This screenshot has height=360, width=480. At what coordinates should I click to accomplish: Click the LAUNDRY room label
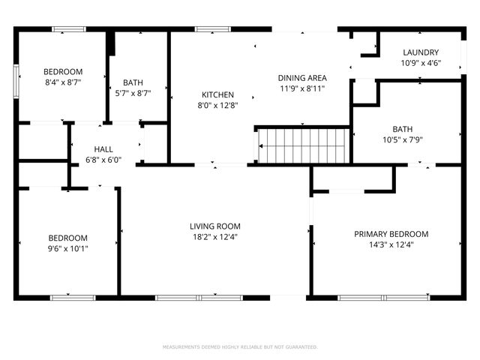[420, 52]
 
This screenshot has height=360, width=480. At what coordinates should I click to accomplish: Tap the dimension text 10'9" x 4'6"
[420, 63]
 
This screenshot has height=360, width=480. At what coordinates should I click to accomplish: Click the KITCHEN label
[217, 95]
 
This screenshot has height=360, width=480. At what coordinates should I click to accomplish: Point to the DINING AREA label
[302, 77]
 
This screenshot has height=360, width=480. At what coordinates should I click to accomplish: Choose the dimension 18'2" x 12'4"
[214, 238]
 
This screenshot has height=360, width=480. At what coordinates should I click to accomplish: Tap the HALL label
[103, 148]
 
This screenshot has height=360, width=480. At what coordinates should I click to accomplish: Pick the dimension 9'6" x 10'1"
[68, 249]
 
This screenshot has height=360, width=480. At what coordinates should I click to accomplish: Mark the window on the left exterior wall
[16, 81]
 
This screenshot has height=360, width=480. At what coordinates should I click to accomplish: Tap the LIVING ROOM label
[214, 226]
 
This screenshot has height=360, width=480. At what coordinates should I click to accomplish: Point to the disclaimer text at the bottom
[240, 347]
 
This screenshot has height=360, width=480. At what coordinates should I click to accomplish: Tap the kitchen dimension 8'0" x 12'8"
[217, 106]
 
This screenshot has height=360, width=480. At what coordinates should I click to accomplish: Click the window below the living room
[199, 298]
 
